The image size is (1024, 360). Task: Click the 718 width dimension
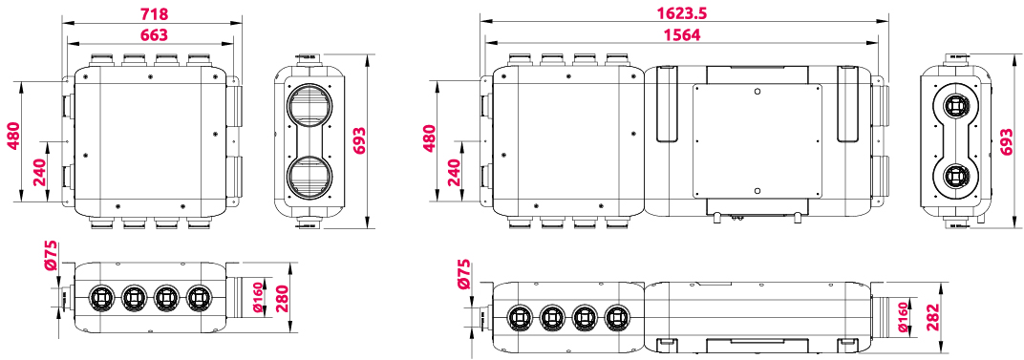click(154, 13)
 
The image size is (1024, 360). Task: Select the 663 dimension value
click(154, 34)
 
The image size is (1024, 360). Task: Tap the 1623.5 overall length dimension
click(684, 12)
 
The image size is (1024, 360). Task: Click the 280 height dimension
click(284, 298)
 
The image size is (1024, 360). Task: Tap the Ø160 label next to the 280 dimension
click(257, 297)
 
